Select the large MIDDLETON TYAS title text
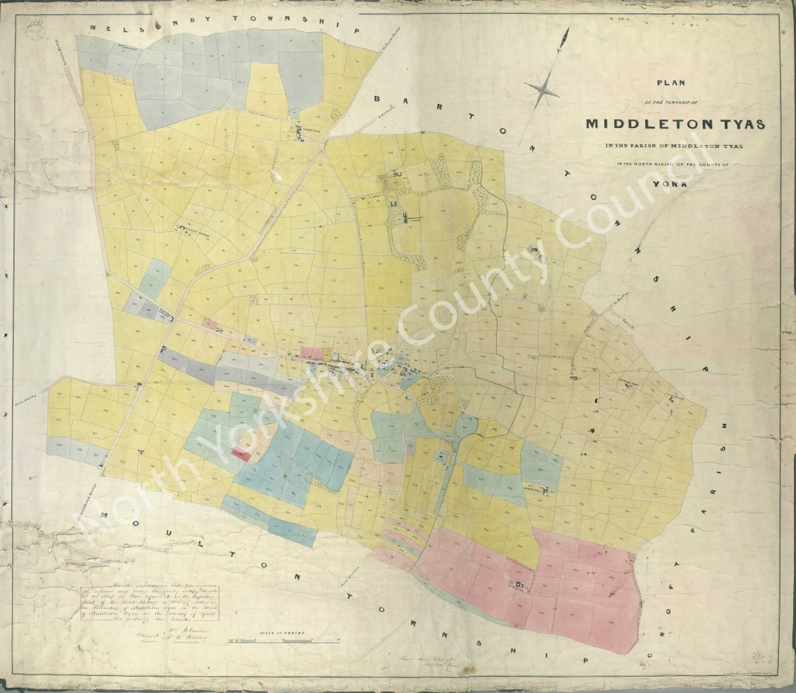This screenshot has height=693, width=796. click(x=675, y=124)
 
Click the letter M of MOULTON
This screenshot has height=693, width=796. click(x=104, y=514)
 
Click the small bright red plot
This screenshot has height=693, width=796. click(x=241, y=453)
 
